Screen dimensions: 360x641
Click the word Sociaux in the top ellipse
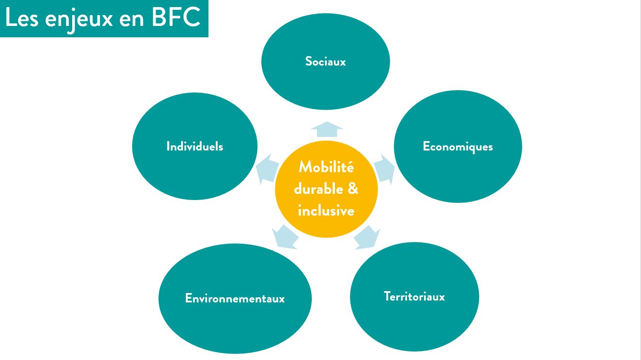pyautogui.click(x=325, y=62)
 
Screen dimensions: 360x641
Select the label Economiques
pyautogui.click(x=458, y=147)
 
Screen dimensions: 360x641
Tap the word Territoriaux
pyautogui.click(x=414, y=297)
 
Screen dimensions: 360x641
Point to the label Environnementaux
pyautogui.click(x=235, y=299)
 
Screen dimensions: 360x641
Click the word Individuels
pyautogui.click(x=194, y=147)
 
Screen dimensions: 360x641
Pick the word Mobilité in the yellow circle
pyautogui.click(x=326, y=167)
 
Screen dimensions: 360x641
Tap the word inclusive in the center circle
pyautogui.click(x=326, y=210)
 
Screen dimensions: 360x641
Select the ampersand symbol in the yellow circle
pyautogui.click(x=353, y=189)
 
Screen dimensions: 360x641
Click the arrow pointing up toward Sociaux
pyautogui.click(x=326, y=129)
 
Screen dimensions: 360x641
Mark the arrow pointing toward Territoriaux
pyautogui.click(x=366, y=237)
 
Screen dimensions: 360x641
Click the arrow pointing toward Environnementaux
pyautogui.click(x=285, y=236)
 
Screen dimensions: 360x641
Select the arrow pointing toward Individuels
pyautogui.click(x=267, y=168)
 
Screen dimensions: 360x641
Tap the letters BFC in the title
pyautogui.click(x=176, y=18)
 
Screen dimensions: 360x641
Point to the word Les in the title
pyautogui.click(x=19, y=18)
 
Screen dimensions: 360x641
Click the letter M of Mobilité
pyautogui.click(x=304, y=167)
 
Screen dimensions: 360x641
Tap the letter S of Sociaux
pyautogui.click(x=308, y=62)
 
